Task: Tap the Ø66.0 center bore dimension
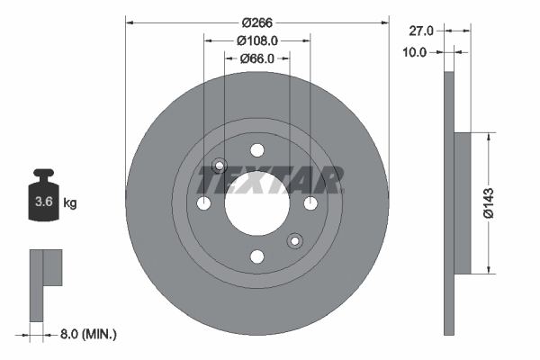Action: tap(257, 59)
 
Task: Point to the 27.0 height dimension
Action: tap(421, 31)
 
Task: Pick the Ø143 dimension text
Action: tap(487, 203)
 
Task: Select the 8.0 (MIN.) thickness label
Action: tap(86, 334)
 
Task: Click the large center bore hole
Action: tap(256, 203)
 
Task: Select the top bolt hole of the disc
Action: tap(256, 150)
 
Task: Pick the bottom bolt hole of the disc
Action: tap(256, 256)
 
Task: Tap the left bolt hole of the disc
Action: tap(203, 203)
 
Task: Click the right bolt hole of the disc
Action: tap(310, 203)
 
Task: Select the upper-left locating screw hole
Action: tap(220, 166)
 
